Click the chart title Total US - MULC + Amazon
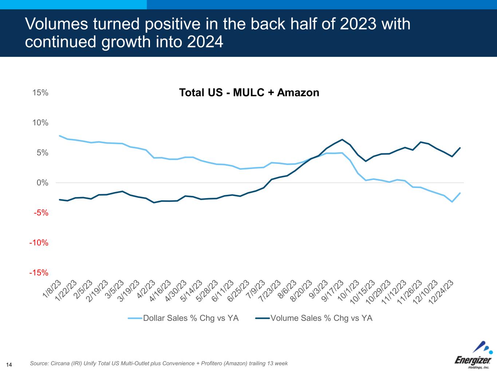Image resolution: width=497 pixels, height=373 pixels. pyautogui.click(x=249, y=93)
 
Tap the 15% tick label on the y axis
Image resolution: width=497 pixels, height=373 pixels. pyautogui.click(x=40, y=93)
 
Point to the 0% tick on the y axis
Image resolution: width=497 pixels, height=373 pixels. pyautogui.click(x=42, y=182)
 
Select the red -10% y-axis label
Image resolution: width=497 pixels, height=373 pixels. pyautogui.click(x=39, y=243)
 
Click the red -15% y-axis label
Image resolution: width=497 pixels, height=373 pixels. pyautogui.click(x=39, y=273)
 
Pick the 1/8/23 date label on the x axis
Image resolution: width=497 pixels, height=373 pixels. pyautogui.click(x=52, y=289)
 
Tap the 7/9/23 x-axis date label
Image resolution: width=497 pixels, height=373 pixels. pyautogui.click(x=256, y=289)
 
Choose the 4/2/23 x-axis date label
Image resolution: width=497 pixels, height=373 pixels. pyautogui.click(x=146, y=289)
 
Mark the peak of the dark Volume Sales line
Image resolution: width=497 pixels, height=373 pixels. pyautogui.click(x=342, y=140)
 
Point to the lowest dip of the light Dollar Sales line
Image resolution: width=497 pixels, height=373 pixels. pyautogui.click(x=452, y=202)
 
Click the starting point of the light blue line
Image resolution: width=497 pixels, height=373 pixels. pyautogui.click(x=60, y=136)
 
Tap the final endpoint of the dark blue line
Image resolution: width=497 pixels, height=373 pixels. pyautogui.click(x=460, y=148)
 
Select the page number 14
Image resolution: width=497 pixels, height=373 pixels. pyautogui.click(x=9, y=365)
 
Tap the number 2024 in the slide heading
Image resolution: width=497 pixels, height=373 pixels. pyautogui.click(x=205, y=42)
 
